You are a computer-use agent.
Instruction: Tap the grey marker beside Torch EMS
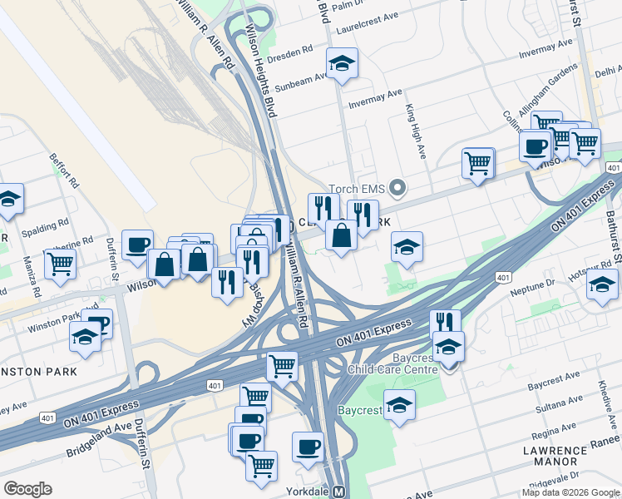pyautogui.click(x=397, y=188)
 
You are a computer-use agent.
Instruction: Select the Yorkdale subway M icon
pyautogui.click(x=339, y=492)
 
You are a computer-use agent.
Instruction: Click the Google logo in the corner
pyautogui.click(x=27, y=489)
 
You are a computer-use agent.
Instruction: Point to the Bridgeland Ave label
pyautogui.click(x=100, y=439)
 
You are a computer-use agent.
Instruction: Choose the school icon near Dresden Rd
pyautogui.click(x=341, y=64)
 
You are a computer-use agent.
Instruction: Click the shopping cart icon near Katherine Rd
pyautogui.click(x=59, y=263)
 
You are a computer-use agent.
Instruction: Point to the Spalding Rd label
pyautogui.click(x=47, y=226)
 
